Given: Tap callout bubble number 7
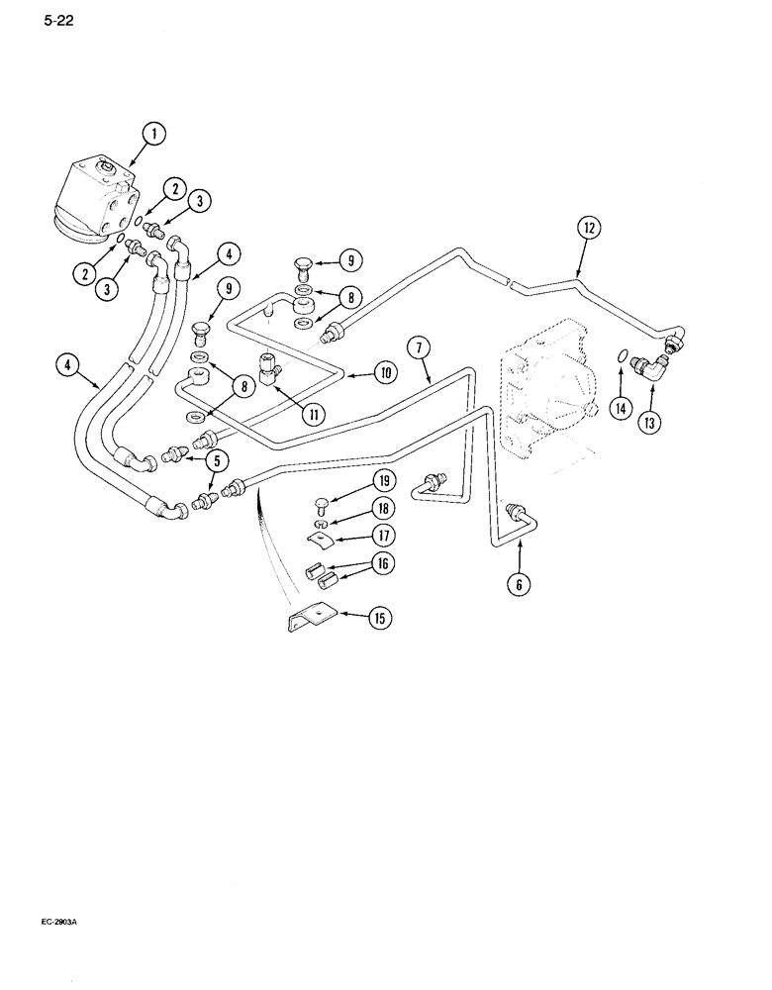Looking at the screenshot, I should pyautogui.click(x=421, y=346).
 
